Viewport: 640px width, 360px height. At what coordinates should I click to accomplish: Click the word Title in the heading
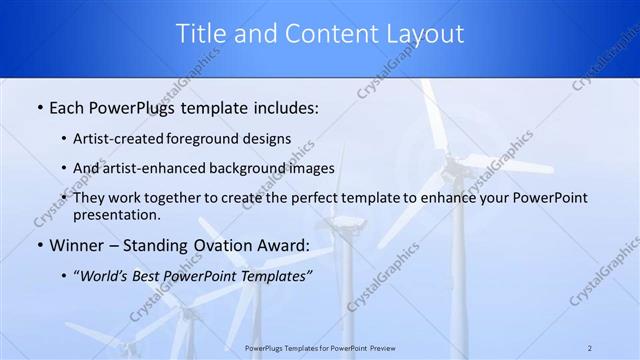201,34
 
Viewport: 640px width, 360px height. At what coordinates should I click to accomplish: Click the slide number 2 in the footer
591,347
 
